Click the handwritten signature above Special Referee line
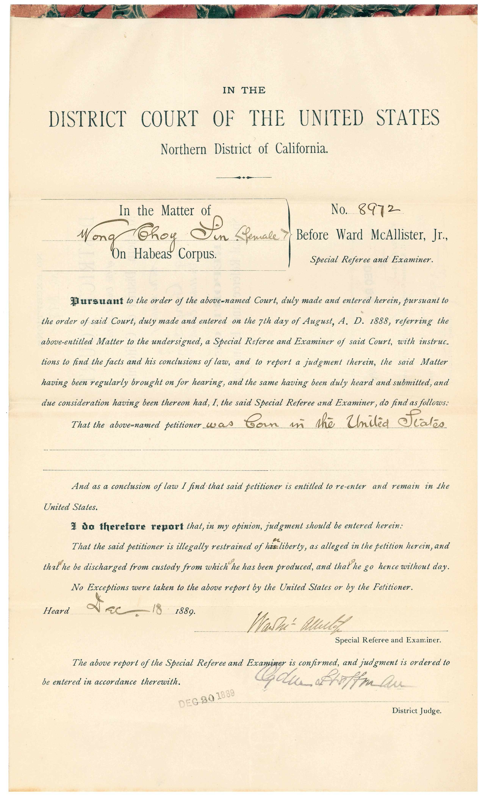(x=299, y=623)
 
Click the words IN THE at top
(x=244, y=90)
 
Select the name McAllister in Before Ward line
(x=397, y=235)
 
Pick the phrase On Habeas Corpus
(x=164, y=254)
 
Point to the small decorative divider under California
(x=244, y=177)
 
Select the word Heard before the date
(x=56, y=611)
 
